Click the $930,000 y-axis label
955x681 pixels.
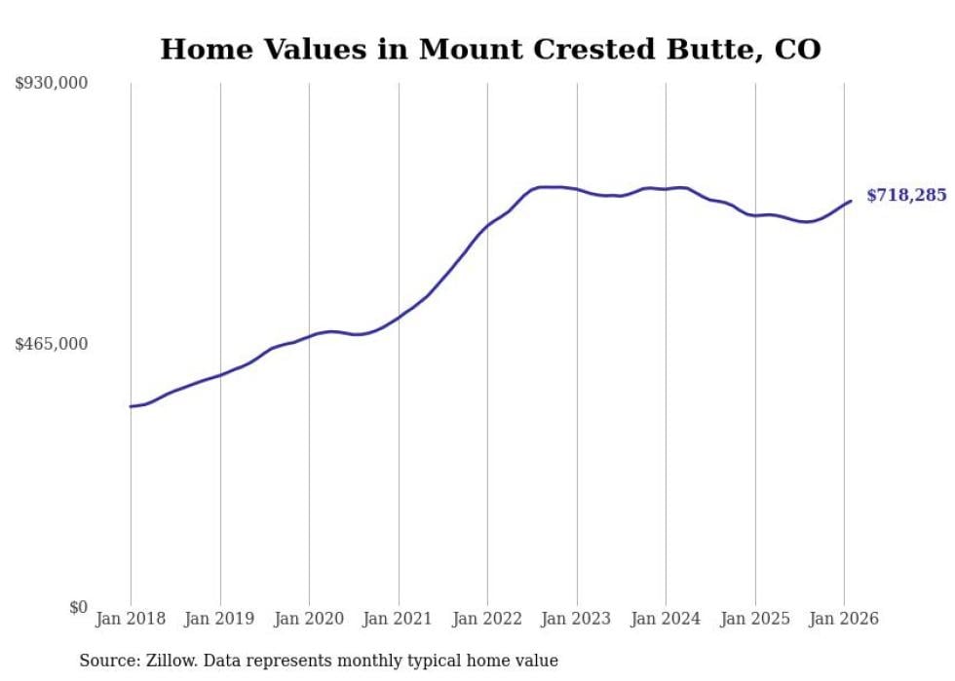pyautogui.click(x=51, y=84)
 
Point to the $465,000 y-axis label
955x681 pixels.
pyautogui.click(x=51, y=345)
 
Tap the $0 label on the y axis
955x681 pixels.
pyautogui.click(x=78, y=607)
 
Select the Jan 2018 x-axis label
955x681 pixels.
pyautogui.click(x=131, y=619)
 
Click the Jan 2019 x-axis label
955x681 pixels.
pyautogui.click(x=220, y=619)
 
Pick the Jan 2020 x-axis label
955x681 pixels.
pyautogui.click(x=309, y=619)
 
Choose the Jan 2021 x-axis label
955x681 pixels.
pyautogui.click(x=399, y=619)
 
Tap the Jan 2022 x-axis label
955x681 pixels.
pyautogui.click(x=487, y=619)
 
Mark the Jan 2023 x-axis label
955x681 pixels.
pyautogui.click(x=577, y=619)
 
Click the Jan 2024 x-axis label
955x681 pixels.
pyautogui.click(x=666, y=619)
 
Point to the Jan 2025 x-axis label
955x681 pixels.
pyautogui.click(x=755, y=619)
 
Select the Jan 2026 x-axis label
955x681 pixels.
pyautogui.click(x=844, y=619)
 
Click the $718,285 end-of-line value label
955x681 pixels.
pyautogui.click(x=906, y=196)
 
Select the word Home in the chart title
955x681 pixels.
pyautogui.click(x=198, y=49)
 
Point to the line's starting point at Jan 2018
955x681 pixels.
pyautogui.click(x=131, y=406)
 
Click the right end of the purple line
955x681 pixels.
pyautogui.click(x=851, y=201)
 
